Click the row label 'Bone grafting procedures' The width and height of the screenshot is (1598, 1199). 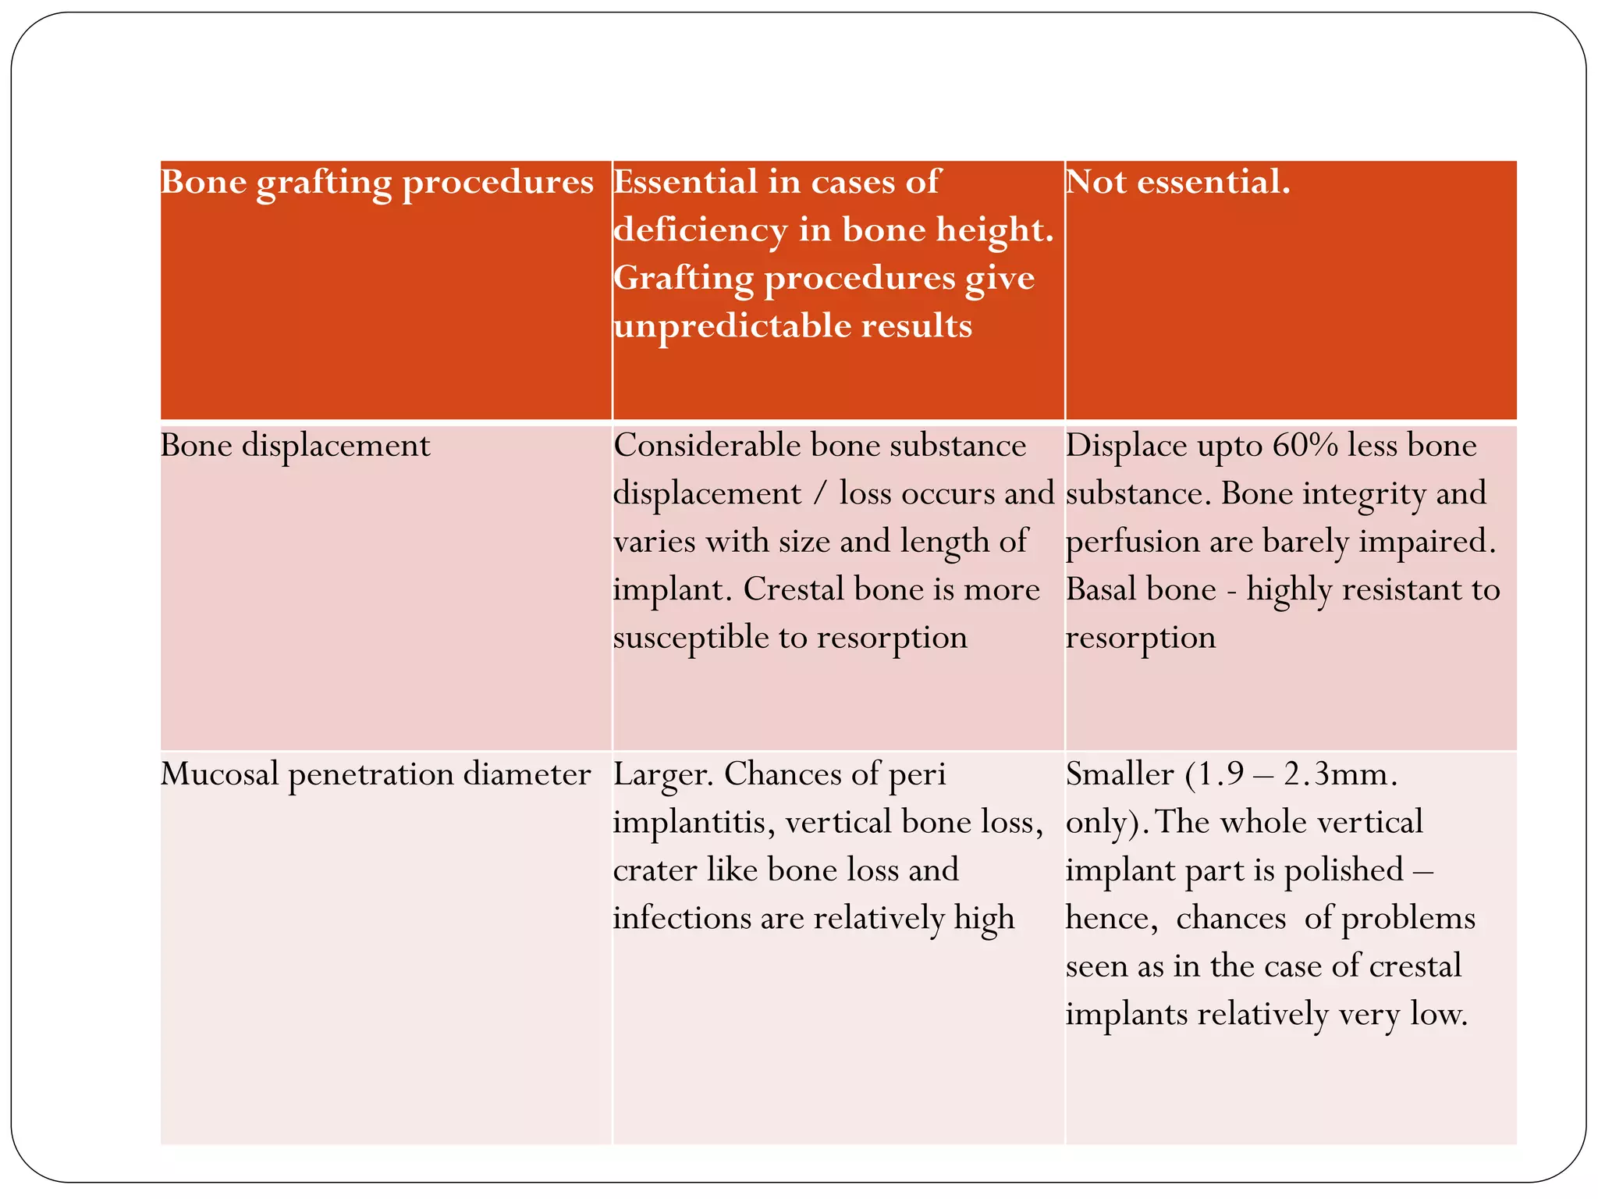point(377,183)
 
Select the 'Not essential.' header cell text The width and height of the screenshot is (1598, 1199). point(1177,183)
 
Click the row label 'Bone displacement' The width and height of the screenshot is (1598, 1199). point(295,446)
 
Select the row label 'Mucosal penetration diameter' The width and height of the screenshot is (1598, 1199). point(375,774)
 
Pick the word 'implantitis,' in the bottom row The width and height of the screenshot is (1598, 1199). point(694,823)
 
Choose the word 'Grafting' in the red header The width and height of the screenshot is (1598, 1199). point(684,279)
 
